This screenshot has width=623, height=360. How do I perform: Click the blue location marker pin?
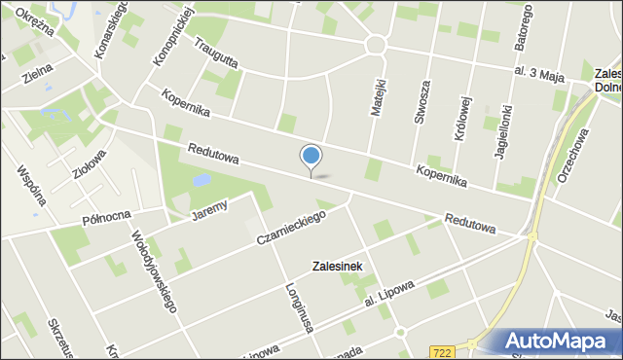311,158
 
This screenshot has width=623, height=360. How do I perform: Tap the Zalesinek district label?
337,266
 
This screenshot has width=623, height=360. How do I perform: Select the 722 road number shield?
443,351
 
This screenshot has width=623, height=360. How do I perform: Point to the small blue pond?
202,180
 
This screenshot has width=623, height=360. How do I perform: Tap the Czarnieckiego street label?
291,228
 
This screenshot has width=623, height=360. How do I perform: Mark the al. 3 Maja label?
540,73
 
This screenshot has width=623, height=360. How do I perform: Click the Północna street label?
106,215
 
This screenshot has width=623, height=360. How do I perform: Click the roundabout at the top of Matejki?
376,44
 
